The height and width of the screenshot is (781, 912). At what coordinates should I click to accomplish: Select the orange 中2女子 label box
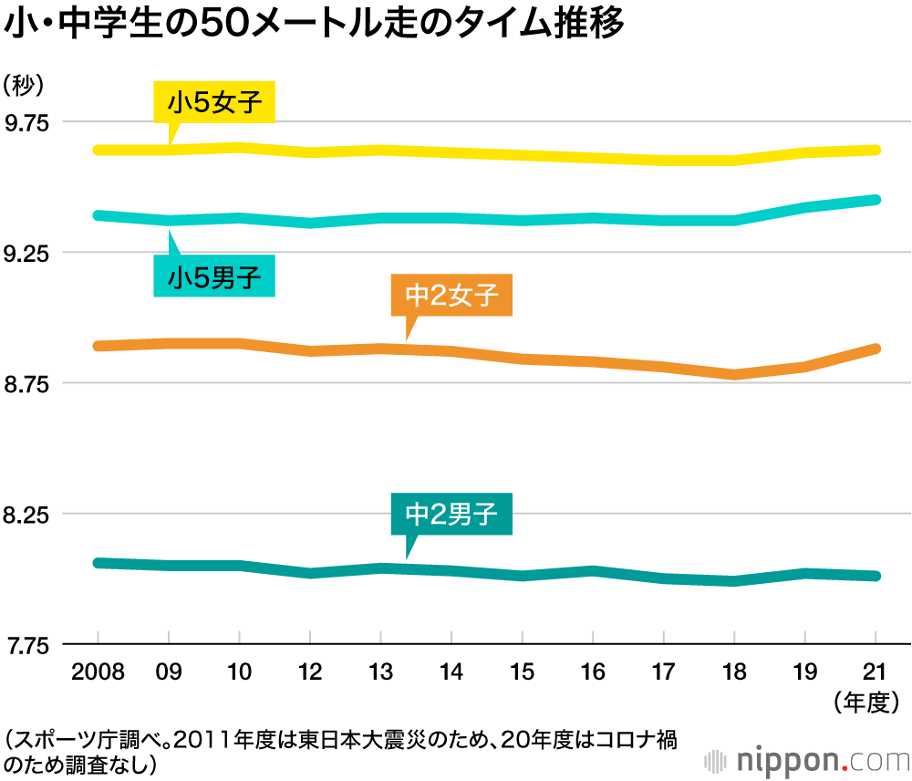point(451,296)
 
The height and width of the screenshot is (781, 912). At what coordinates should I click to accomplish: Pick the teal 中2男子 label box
point(451,515)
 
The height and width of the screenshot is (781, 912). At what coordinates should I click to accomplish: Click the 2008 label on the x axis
point(98,674)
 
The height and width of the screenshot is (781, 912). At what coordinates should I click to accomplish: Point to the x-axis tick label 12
point(310,674)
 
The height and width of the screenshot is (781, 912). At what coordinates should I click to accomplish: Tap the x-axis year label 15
point(522,674)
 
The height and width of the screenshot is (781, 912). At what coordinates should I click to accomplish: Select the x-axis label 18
point(734,674)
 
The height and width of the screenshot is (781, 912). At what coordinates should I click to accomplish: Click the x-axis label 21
point(876,674)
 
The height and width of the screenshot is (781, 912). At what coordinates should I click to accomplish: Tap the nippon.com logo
point(807,759)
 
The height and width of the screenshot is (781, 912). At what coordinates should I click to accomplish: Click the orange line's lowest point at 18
point(734,374)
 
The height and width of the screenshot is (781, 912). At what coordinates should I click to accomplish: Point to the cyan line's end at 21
point(876,199)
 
